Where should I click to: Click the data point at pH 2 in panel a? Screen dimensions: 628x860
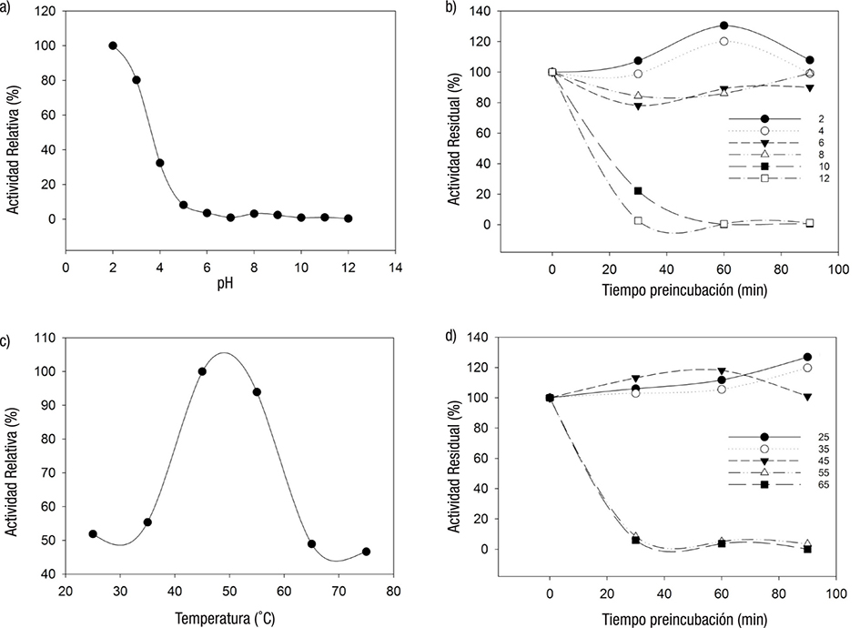(x=113, y=46)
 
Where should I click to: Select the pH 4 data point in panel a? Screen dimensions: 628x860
(x=159, y=163)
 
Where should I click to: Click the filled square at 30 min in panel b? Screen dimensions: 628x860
(x=638, y=191)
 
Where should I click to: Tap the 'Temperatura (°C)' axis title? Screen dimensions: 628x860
(x=229, y=615)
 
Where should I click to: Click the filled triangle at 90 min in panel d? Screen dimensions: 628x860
(x=808, y=397)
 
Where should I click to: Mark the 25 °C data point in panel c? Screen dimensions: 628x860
(x=93, y=533)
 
